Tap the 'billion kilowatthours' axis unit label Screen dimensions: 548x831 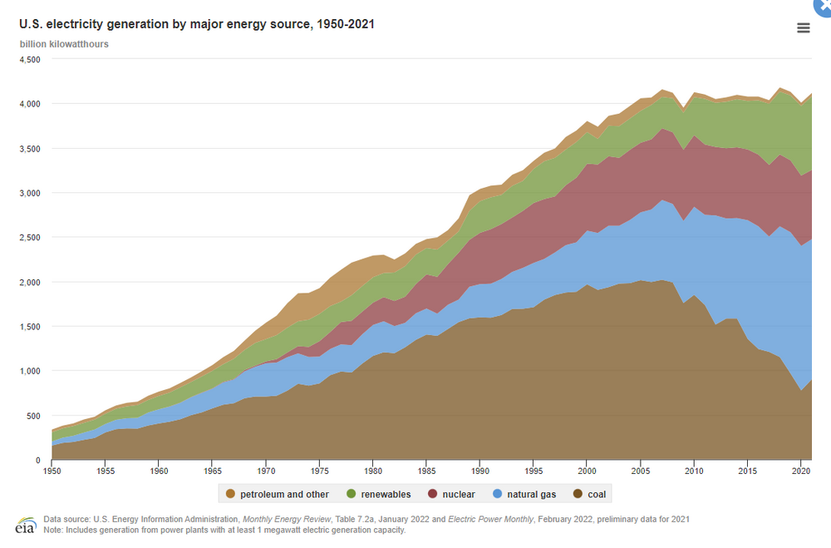tap(64, 43)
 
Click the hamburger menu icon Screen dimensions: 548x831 tap(803, 27)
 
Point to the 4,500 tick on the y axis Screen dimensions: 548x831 tap(30, 60)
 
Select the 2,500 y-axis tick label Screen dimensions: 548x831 tap(30, 238)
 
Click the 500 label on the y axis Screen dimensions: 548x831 tap(34, 416)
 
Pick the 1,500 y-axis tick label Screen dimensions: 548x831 tap(30, 327)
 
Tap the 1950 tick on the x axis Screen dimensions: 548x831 tap(52, 472)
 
